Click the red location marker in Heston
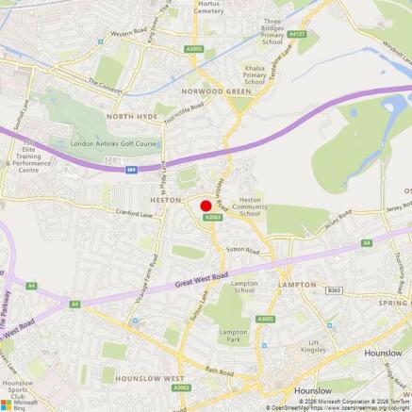pos(206,206)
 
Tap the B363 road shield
pos(333,290)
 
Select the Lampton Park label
pos(233,337)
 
